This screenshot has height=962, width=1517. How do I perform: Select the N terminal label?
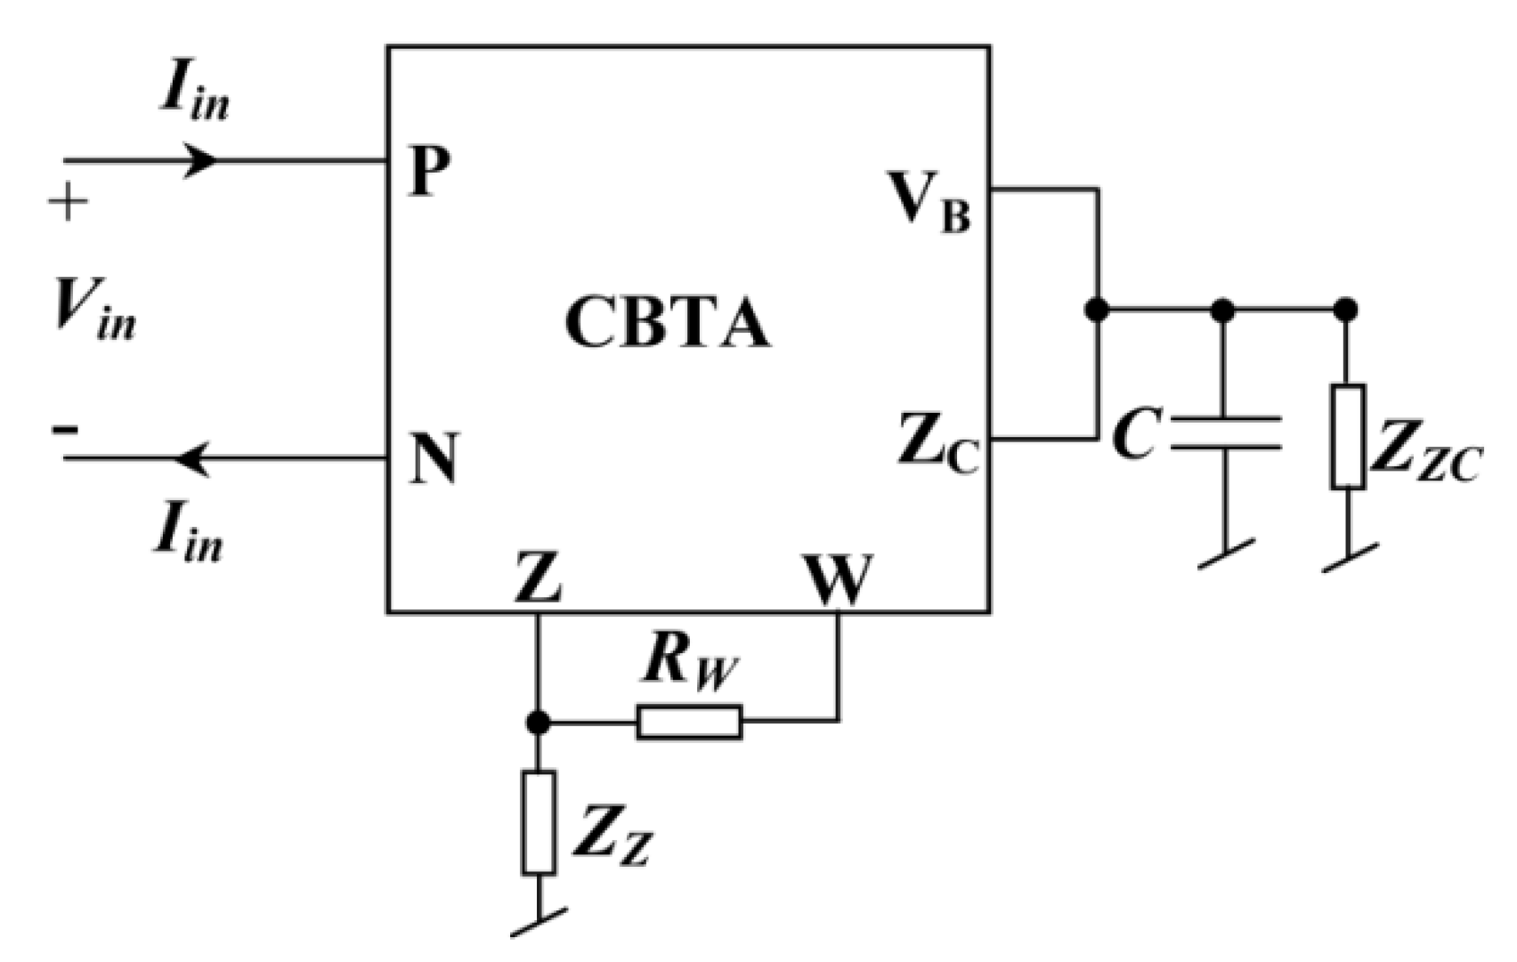tap(434, 457)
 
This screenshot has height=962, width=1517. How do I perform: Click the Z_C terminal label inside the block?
tap(937, 442)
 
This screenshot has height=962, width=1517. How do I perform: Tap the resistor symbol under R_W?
tap(689, 722)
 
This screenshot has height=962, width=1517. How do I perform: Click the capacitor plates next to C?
tap(1226, 432)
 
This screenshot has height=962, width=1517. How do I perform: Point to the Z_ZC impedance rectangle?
tap(1348, 436)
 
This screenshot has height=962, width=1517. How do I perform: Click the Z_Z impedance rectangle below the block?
tap(538, 822)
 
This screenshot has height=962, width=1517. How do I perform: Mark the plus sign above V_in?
tap(69, 203)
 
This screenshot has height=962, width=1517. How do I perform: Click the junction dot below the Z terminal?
tap(538, 722)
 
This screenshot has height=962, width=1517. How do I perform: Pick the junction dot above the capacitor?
tap(1224, 310)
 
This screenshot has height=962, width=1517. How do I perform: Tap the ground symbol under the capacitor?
tap(1226, 554)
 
